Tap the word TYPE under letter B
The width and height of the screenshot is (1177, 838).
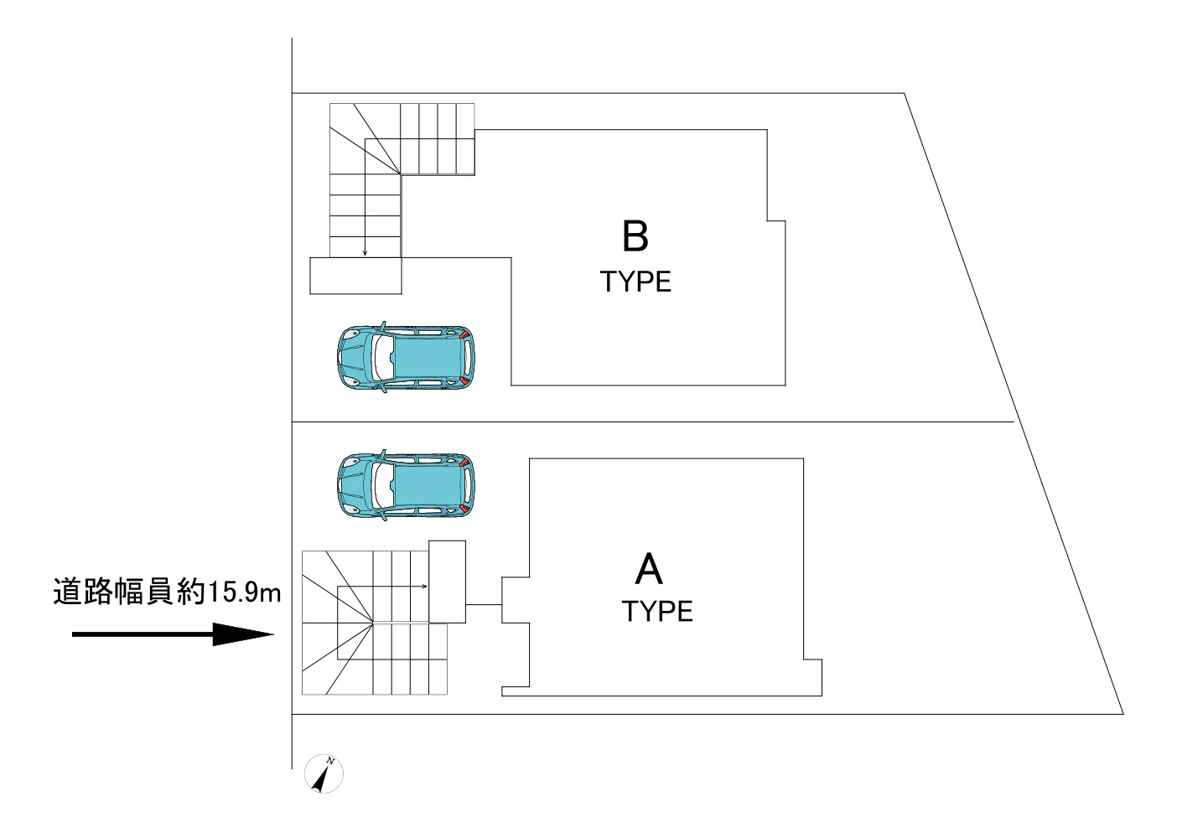click(x=635, y=282)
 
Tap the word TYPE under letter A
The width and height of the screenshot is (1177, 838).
click(x=657, y=611)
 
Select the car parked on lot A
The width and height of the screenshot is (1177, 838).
click(x=404, y=485)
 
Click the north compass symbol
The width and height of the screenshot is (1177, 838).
click(x=324, y=773)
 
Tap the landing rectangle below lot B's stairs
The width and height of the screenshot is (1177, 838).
click(x=355, y=276)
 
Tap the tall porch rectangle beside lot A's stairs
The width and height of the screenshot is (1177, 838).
click(x=447, y=582)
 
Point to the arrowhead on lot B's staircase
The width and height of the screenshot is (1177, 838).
click(x=365, y=252)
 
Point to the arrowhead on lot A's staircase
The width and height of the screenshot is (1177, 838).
click(x=425, y=587)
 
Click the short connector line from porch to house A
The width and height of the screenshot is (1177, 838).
click(x=483, y=605)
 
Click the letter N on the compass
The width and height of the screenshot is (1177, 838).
click(x=331, y=761)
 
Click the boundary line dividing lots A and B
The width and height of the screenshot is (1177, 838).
click(x=654, y=422)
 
